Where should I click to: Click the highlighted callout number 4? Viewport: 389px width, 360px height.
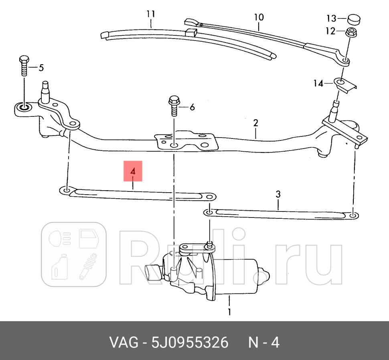click(133, 171)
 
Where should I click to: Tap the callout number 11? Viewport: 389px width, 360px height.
click(150, 14)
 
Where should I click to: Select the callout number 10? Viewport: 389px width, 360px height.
click(259, 17)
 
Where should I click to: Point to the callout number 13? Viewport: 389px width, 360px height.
click(331, 18)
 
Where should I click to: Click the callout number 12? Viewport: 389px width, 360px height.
click(330, 31)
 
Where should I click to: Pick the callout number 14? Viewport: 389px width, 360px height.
click(318, 83)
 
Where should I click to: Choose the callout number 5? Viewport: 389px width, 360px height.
click(41, 68)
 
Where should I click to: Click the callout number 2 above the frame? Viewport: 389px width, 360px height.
click(255, 123)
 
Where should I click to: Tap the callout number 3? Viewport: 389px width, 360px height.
click(278, 194)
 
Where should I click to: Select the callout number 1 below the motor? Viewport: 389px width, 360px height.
click(229, 311)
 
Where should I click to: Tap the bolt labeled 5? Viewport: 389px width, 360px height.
click(24, 66)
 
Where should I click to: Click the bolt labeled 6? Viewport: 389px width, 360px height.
click(174, 105)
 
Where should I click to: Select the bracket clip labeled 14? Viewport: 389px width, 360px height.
click(346, 85)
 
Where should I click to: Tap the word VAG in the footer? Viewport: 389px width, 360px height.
click(122, 343)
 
